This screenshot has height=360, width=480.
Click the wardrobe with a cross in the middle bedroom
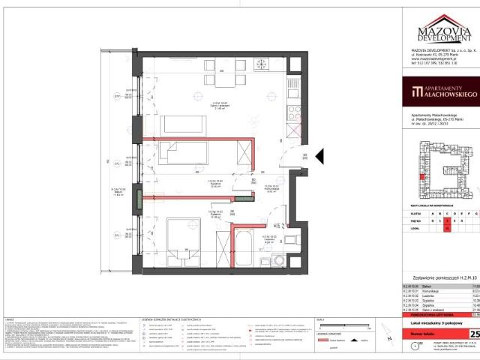click(244, 154)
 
